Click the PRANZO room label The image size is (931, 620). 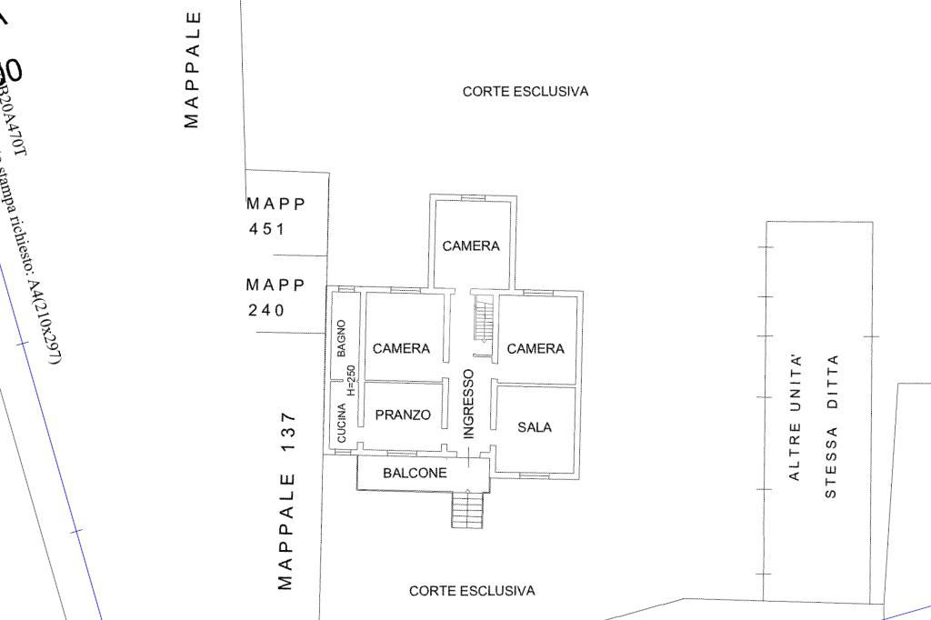pyautogui.click(x=403, y=415)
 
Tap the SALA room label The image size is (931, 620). pyautogui.click(x=535, y=427)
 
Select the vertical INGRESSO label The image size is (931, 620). pyautogui.click(x=469, y=404)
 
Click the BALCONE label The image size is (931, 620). pyautogui.click(x=415, y=474)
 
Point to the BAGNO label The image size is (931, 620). pyautogui.click(x=341, y=338)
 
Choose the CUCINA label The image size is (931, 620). pyautogui.click(x=342, y=423)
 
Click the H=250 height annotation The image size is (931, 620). pyautogui.click(x=351, y=379)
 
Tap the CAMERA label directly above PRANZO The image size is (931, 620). pyautogui.click(x=401, y=348)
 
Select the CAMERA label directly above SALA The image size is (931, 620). pyautogui.click(x=536, y=348)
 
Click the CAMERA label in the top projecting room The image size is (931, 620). pyautogui.click(x=471, y=246)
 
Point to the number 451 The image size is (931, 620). pyautogui.click(x=266, y=229)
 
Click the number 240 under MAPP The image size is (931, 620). pyautogui.click(x=266, y=311)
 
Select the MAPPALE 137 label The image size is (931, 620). pyautogui.click(x=287, y=501)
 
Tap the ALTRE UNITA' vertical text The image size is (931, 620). pyautogui.click(x=796, y=417)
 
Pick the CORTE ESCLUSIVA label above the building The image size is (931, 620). pyautogui.click(x=526, y=92)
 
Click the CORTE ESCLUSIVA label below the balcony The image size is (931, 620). pyautogui.click(x=472, y=591)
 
